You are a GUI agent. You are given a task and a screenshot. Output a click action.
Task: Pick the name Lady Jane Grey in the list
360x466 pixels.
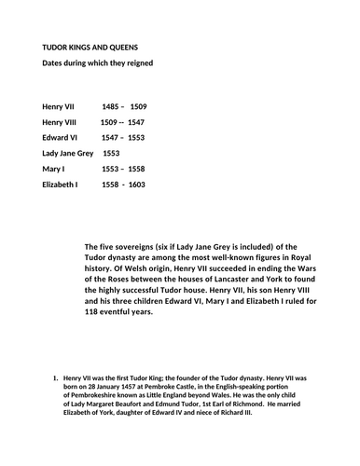[x=68, y=152]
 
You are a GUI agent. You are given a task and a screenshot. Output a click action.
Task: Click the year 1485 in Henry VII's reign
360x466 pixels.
[x=111, y=107]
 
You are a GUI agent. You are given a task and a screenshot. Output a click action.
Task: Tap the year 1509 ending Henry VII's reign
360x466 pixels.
[x=137, y=107]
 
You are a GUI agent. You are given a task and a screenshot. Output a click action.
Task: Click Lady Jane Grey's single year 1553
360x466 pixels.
[x=111, y=152]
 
